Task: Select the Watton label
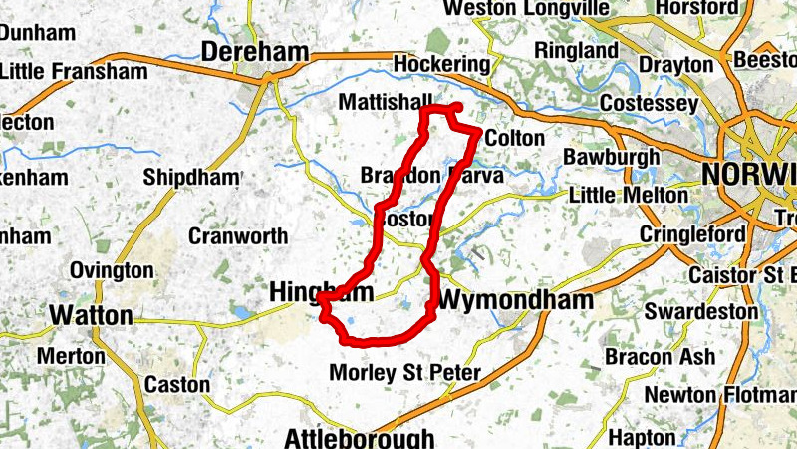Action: point(91,316)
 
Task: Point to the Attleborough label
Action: point(359,438)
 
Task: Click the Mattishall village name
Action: point(386,102)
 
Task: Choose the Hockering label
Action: point(442,65)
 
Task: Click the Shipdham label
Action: point(191,177)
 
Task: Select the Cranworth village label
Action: point(238,236)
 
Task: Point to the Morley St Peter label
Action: point(404,374)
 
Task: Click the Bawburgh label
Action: point(611,157)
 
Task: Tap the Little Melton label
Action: point(628,195)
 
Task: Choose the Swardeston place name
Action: point(700,311)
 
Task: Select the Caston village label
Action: point(177,384)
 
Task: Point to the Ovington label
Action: point(112,270)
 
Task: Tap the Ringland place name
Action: point(576,50)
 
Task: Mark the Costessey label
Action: point(650,104)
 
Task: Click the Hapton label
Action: point(642,437)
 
